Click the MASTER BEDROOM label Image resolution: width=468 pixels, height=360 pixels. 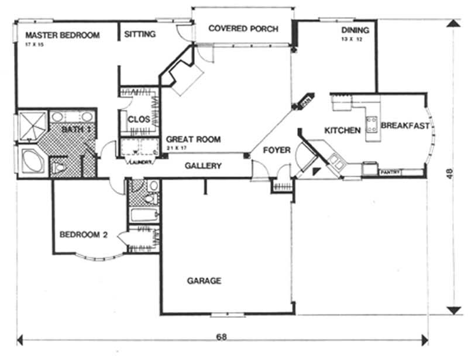click(63, 35)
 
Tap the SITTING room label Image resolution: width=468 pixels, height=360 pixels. click(140, 35)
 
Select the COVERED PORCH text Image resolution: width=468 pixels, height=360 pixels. click(243, 28)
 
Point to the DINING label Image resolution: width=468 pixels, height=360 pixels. click(355, 30)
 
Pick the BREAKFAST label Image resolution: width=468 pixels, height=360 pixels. click(405, 125)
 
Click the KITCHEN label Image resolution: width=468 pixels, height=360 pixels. click(342, 130)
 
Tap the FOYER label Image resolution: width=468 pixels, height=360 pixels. click(276, 150)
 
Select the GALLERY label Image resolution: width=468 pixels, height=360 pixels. click(203, 166)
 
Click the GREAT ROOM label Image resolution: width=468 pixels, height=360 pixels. click(193, 139)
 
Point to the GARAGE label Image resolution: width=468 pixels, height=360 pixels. click(204, 281)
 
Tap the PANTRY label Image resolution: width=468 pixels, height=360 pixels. click(390, 173)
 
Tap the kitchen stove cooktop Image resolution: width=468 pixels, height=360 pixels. click(371, 123)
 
